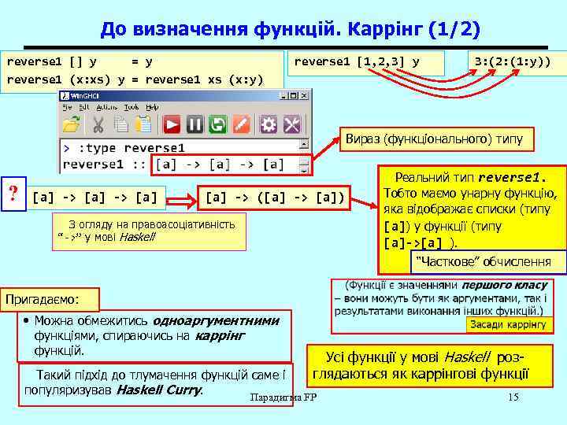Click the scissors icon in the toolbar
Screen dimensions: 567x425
[98, 124]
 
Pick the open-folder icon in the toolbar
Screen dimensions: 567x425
[72, 124]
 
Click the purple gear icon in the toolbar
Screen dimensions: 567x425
[268, 124]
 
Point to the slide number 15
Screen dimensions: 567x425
[514, 397]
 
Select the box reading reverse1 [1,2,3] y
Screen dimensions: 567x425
[367, 61]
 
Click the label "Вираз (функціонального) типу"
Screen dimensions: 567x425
[434, 140]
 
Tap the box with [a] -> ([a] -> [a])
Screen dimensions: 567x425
[274, 197]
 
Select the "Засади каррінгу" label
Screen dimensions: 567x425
[507, 324]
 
